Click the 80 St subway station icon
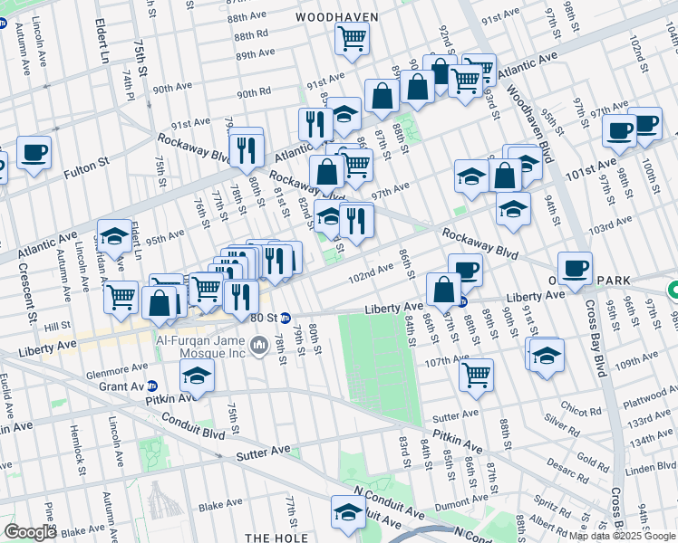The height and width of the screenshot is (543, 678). coord(285,318)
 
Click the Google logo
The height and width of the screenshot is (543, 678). coord(30,531)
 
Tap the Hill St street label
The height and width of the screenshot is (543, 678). coord(57,324)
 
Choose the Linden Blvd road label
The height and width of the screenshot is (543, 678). coord(649,467)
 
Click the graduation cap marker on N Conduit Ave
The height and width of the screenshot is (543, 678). coord(348,512)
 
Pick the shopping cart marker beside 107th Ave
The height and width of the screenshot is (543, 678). coord(475,373)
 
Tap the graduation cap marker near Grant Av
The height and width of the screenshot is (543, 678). coord(196,376)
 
